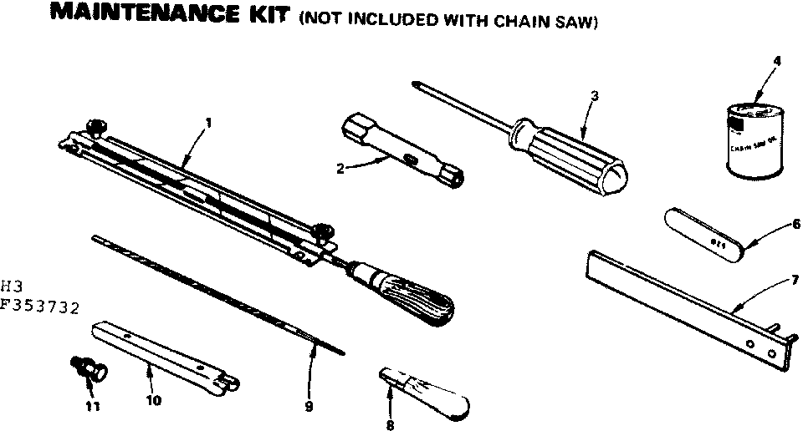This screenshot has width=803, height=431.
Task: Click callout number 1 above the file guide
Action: coord(208,123)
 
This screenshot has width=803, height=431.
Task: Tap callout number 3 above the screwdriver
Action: coord(594,95)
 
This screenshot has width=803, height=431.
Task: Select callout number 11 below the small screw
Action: coord(92,407)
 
